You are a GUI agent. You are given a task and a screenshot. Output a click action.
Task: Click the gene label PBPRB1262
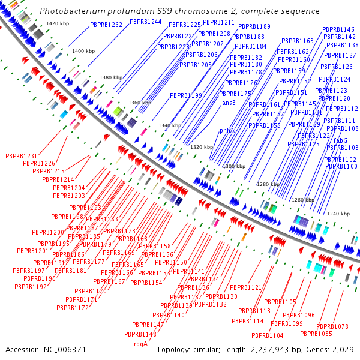coord(106,25)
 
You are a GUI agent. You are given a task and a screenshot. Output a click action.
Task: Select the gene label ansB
coord(229,103)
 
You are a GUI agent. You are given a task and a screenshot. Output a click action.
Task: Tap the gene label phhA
coord(227,130)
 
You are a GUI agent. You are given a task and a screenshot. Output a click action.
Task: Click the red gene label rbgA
coord(140,344)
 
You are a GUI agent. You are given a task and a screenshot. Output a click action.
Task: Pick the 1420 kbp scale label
coord(58,23)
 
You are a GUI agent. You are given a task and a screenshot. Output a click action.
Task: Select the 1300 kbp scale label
coord(234,166)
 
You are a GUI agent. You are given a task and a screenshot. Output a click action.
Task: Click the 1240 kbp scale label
coord(338,214)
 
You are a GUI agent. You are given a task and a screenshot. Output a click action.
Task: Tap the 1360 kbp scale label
coord(139,103)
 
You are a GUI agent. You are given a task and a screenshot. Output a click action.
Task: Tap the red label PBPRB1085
coord(316,334)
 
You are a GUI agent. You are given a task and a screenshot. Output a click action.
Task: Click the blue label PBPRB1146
coord(338,29)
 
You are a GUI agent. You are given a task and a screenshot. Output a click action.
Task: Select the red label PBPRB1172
coord(73,308)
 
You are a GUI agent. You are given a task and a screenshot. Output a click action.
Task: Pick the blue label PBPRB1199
coord(185,95)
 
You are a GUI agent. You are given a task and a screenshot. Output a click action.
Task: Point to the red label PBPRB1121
coord(246,288)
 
